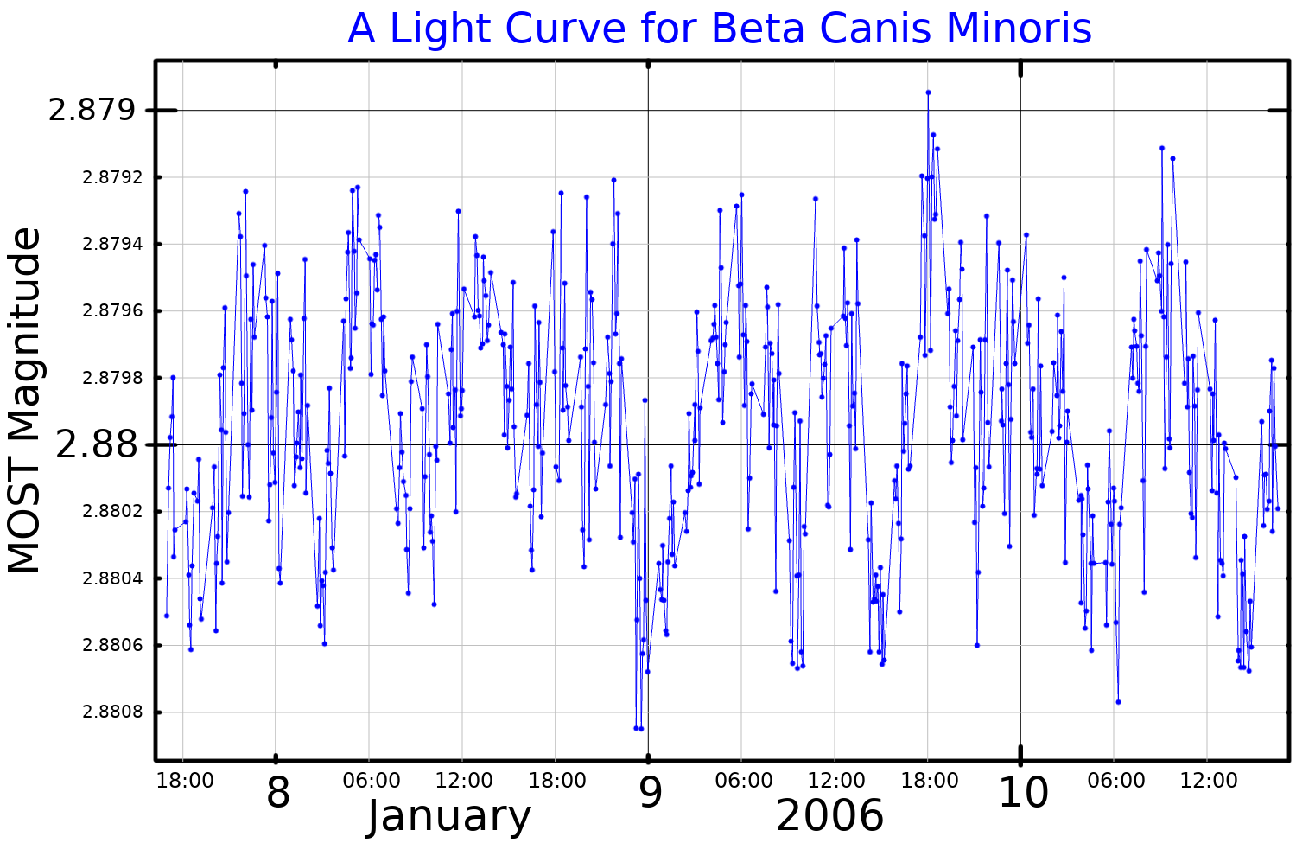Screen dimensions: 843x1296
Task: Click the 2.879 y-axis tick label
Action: [92, 111]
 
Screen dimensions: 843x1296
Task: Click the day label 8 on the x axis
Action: [278, 793]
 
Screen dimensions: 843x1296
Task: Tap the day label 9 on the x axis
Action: [651, 793]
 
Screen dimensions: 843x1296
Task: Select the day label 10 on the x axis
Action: [1023, 793]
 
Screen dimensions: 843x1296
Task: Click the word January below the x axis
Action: [449, 817]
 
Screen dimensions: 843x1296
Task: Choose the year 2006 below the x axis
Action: [830, 817]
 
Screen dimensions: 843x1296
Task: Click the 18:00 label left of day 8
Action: [185, 782]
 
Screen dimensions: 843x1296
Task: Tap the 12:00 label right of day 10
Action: [1209, 782]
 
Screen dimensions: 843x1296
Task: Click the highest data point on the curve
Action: [928, 92]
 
